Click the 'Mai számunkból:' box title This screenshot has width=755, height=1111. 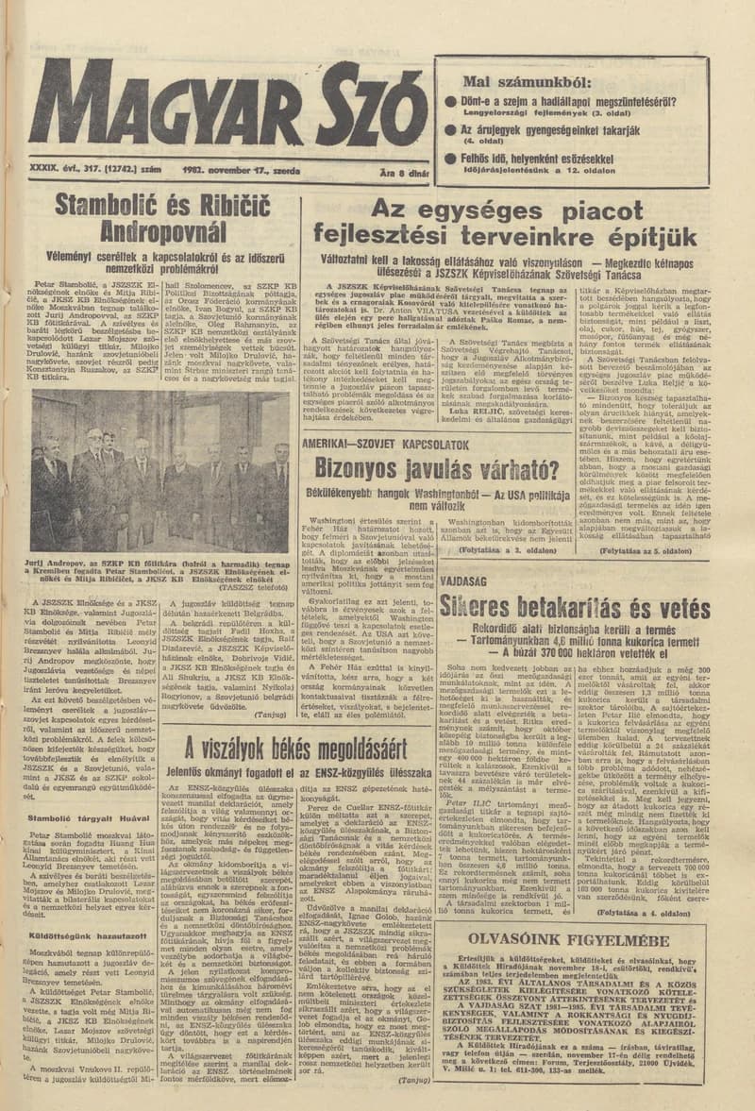(508, 80)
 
